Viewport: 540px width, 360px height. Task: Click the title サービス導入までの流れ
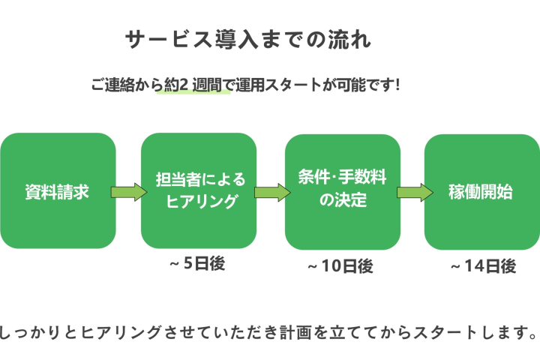click(247, 40)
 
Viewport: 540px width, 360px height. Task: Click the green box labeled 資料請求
click(58, 191)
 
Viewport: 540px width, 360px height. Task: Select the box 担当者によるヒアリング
click(199, 191)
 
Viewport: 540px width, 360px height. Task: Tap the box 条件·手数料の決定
click(341, 191)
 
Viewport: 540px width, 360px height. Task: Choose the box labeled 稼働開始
click(481, 191)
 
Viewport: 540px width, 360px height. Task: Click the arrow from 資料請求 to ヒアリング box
click(128, 192)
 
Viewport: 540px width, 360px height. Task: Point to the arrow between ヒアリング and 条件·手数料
click(271, 193)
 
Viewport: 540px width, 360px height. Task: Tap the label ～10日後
click(340, 266)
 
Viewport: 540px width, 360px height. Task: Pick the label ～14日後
click(482, 266)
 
